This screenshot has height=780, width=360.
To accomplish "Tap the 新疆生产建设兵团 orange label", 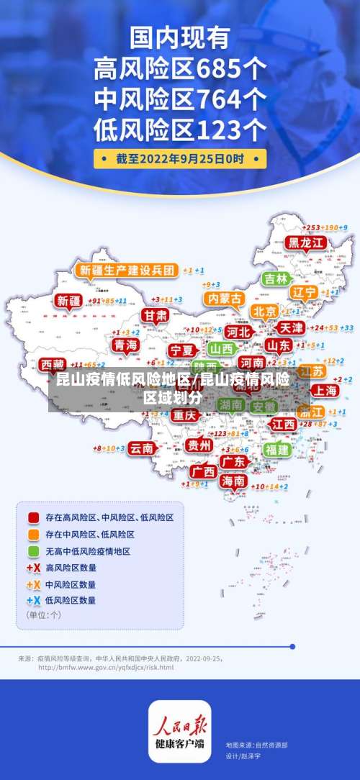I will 126,271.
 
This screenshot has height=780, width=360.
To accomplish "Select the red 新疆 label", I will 70,301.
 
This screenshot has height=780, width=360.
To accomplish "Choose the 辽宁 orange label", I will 305,293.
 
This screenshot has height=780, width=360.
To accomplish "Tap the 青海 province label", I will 125,345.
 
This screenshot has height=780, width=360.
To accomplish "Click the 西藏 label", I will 53,364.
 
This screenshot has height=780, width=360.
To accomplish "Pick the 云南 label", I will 142,448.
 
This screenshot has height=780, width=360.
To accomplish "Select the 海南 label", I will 233,481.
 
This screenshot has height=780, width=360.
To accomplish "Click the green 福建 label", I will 276,449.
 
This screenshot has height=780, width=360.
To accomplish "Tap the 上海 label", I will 325,390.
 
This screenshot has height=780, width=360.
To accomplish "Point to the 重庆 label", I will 184,415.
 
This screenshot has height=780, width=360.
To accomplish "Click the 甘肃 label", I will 154,316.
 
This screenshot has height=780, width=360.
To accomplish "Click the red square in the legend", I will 33,517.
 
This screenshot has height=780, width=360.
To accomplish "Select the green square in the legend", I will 33,551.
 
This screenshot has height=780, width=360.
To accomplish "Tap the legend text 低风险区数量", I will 71,599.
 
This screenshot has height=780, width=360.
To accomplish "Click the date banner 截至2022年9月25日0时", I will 180,159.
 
